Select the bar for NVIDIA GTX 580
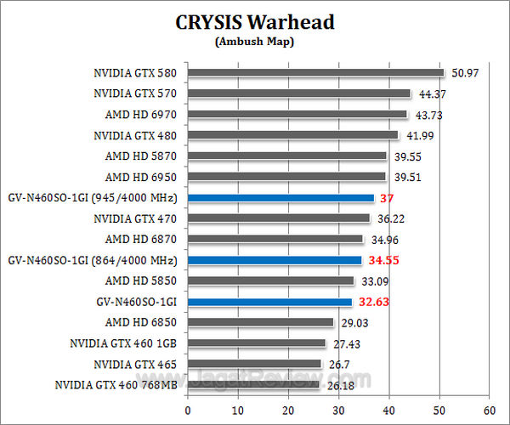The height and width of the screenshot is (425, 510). tap(315, 73)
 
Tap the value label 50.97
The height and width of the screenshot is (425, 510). tap(463, 73)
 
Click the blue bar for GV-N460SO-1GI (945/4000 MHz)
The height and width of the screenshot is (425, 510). tap(280, 198)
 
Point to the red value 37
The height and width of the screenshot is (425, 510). tap(387, 198)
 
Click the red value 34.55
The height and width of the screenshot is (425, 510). tap(383, 260)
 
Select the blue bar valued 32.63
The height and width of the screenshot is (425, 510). tap(269, 302)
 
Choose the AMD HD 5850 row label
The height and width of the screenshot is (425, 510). tap(141, 280)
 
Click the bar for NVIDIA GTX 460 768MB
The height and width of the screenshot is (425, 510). tap(253, 384)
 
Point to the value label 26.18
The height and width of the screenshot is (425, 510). tap(337, 384)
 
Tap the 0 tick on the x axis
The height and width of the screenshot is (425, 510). tap(188, 407)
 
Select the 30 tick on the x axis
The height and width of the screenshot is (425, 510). tap(338, 407)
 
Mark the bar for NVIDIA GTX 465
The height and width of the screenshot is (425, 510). tap(254, 364)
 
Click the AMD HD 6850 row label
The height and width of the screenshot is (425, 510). tap(141, 322)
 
